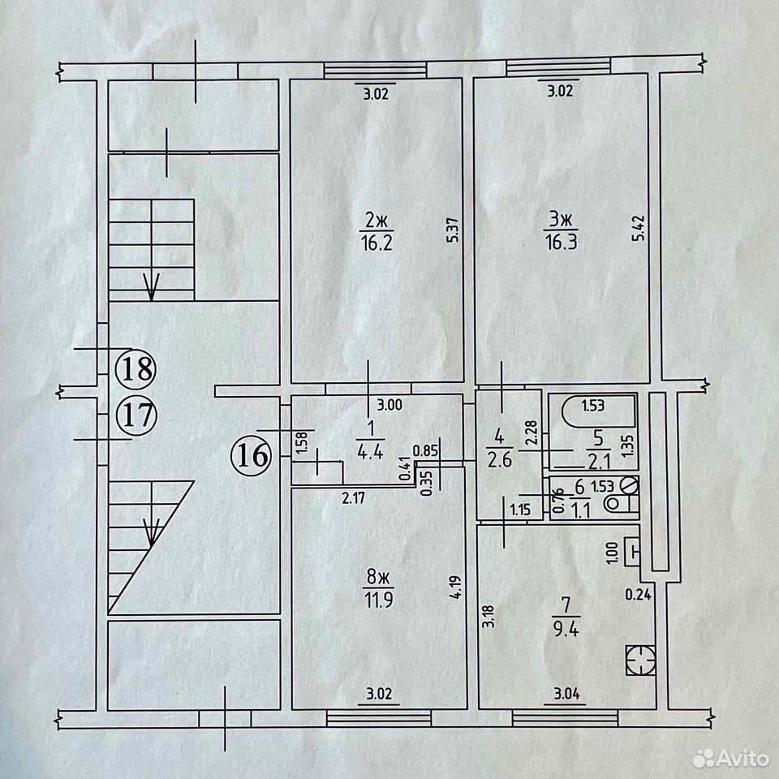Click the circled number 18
point(136,370)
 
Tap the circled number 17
point(136,415)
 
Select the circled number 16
point(252,454)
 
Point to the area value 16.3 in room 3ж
point(561,243)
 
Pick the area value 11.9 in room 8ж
point(379,600)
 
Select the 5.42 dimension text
point(639,228)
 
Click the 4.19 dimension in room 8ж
point(455,587)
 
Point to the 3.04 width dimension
point(567,694)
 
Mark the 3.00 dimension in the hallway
point(389,405)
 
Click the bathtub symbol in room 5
point(599,411)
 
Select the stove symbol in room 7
point(641,661)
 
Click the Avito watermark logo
point(731,758)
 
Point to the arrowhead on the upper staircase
point(151,286)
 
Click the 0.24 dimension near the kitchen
point(638,594)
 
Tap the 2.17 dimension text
point(354,497)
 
